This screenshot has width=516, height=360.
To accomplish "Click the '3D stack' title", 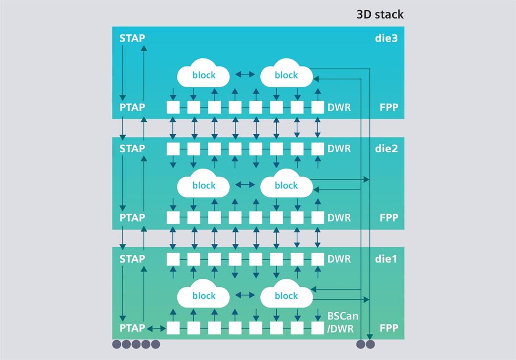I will tap(380, 14).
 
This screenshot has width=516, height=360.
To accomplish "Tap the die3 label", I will tap(386, 38).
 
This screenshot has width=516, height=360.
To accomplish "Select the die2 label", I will tap(386, 148).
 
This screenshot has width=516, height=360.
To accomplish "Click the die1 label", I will tap(386, 259).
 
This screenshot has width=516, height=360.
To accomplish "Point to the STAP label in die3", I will tap(132, 38).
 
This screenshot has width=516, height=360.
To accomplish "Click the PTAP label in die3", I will tap(132, 107).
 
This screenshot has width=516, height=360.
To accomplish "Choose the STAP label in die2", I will tap(132, 148).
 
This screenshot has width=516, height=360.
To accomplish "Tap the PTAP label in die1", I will tap(132, 328).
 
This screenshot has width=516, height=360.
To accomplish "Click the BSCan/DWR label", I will tap(343, 322).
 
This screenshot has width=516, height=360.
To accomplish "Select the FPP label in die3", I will tap(389, 107).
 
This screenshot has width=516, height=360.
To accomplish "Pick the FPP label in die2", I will tap(389, 218).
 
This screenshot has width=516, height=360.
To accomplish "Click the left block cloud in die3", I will tap(204, 74).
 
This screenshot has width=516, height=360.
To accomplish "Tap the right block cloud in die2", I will tap(286, 184).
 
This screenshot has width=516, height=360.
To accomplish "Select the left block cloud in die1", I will tap(204, 295).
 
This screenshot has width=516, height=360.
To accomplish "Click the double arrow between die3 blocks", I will tap(245, 74).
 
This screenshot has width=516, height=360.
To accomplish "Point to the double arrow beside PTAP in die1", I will tap(156, 328).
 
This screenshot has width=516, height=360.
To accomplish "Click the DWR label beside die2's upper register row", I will tap(339, 148).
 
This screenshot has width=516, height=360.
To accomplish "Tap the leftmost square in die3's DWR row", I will tap(173, 107).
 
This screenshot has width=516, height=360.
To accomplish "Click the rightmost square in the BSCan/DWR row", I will tap(318, 328).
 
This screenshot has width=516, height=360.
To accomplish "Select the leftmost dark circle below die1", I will tap(117, 344).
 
